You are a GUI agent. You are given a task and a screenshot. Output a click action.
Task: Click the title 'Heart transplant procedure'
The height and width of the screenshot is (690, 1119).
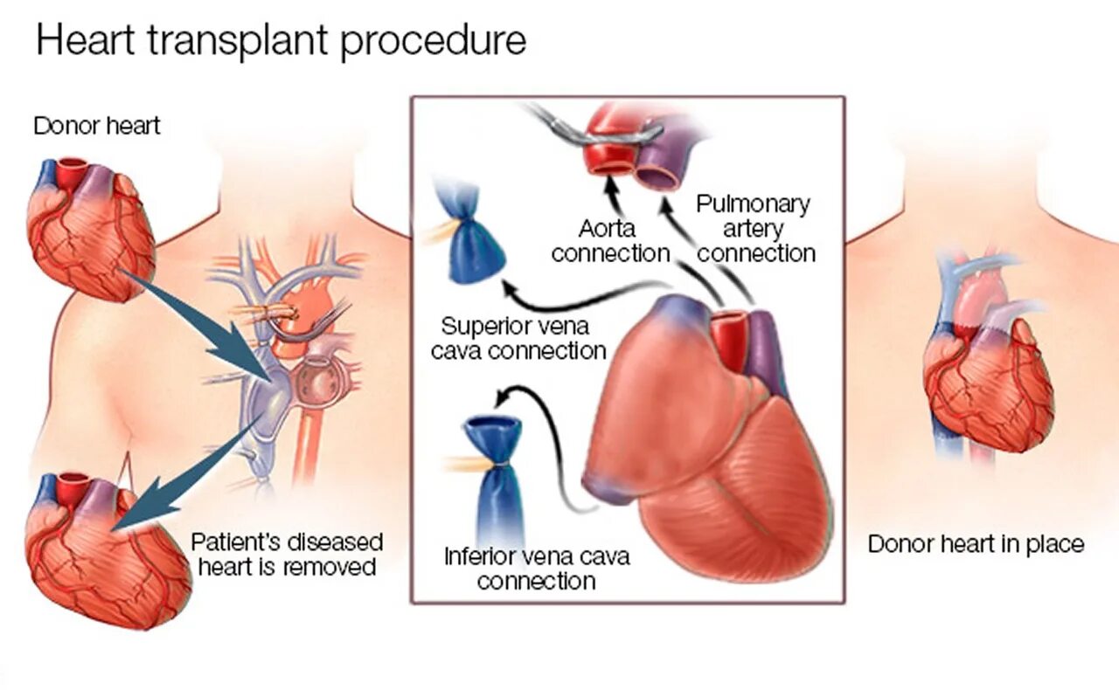tap(281, 41)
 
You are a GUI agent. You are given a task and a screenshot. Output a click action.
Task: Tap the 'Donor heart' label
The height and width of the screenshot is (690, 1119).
tap(97, 126)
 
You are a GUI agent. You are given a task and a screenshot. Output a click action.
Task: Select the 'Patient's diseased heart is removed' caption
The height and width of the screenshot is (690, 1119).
tap(287, 554)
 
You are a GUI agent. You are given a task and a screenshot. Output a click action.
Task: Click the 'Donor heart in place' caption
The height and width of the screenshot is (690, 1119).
tap(976, 544)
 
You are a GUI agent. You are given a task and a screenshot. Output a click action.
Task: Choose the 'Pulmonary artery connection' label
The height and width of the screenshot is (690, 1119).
tap(754, 229)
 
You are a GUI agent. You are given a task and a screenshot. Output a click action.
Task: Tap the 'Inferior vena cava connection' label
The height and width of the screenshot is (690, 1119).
tap(536, 569)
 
